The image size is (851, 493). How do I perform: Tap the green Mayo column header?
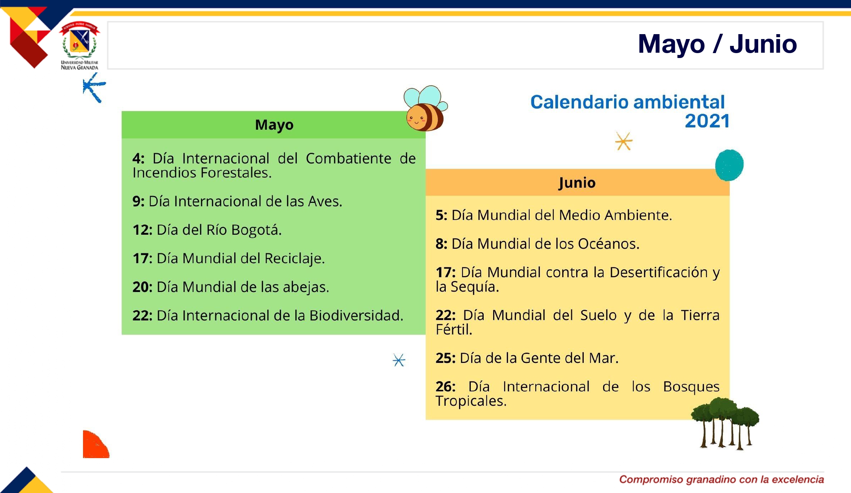click(x=274, y=125)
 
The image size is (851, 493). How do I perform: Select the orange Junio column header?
click(x=577, y=182)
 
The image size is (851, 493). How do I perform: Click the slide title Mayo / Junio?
click(x=717, y=44)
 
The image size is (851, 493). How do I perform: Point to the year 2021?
click(x=707, y=121)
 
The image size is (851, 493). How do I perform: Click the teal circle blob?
click(x=729, y=165)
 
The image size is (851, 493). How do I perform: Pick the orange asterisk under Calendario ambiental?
click(x=624, y=141)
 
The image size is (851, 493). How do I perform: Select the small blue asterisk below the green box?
click(x=399, y=360)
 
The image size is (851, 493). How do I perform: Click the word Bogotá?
click(x=257, y=230)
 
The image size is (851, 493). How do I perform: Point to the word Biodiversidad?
click(x=356, y=316)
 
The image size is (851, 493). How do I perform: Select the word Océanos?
click(x=609, y=244)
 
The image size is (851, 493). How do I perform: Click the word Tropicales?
click(x=471, y=401)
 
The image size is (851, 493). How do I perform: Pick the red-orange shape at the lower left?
click(x=96, y=444)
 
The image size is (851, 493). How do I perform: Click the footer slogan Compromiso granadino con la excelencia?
click(x=722, y=479)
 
